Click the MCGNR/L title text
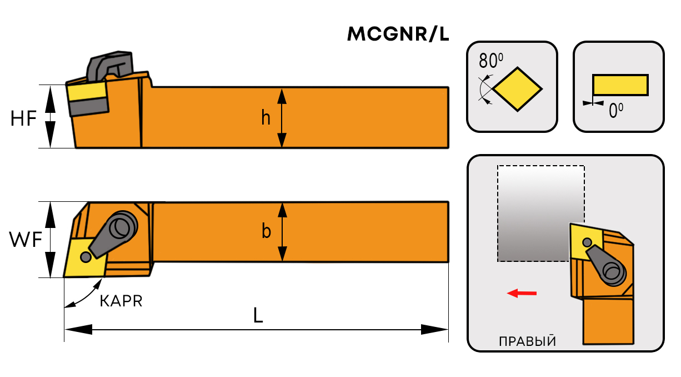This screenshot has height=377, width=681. click(x=398, y=35)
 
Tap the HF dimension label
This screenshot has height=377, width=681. click(x=23, y=118)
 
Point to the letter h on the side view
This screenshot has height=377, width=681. click(x=266, y=118)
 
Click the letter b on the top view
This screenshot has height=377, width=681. click(x=266, y=231)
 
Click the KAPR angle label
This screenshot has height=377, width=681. click(x=121, y=301)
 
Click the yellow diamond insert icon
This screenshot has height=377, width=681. click(x=517, y=88)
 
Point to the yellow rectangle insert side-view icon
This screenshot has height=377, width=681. click(x=620, y=85)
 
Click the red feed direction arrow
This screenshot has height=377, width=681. click(x=522, y=293)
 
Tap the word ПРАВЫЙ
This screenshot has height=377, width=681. click(x=527, y=340)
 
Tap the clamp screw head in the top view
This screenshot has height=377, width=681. click(x=121, y=227)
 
